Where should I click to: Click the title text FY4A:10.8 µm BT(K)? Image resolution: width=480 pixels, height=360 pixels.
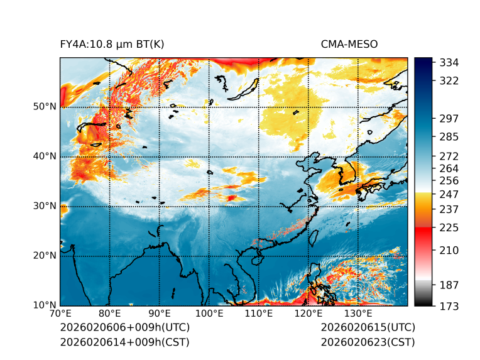112,44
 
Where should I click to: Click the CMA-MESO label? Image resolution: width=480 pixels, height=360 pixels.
349,44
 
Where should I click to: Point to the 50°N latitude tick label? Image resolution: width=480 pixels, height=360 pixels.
44,107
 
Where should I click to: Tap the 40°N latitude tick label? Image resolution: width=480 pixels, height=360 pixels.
44,156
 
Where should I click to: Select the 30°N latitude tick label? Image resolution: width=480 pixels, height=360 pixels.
44,206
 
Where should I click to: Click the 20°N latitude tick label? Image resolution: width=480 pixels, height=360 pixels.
44,256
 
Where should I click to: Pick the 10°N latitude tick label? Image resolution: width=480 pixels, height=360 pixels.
44,305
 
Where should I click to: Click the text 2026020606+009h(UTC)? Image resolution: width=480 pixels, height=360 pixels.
124,328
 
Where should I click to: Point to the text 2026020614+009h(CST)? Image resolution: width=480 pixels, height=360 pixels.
124,342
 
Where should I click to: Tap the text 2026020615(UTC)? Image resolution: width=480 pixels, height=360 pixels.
368,328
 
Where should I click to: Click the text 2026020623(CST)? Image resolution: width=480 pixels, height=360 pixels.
368,342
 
